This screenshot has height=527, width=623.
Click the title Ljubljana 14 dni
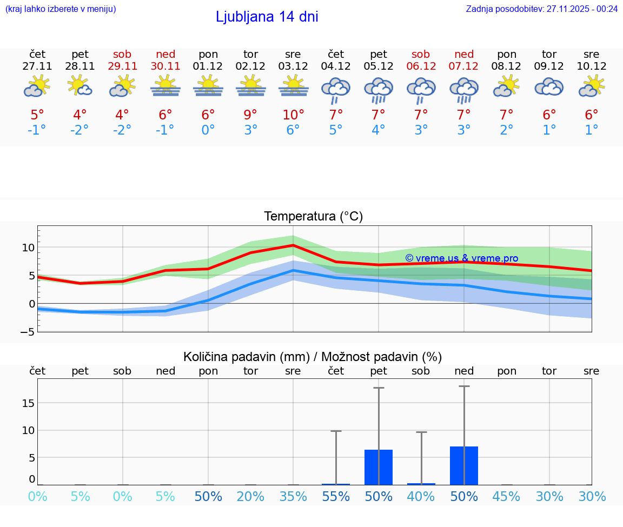[267, 17]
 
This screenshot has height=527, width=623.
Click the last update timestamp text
[541, 9]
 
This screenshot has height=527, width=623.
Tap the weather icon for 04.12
[336, 89]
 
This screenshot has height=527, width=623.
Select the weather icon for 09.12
[549, 87]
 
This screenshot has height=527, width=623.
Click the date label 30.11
[165, 66]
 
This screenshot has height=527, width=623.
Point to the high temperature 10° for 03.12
[293, 115]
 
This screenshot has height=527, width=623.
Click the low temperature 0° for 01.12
[208, 130]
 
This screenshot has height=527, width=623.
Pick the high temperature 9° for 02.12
[250, 115]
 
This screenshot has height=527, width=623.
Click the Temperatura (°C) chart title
[313, 216]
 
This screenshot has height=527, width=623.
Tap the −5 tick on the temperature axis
[28, 332]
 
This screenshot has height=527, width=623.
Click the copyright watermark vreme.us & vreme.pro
[461, 258]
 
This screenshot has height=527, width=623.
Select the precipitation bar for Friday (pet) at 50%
[379, 467]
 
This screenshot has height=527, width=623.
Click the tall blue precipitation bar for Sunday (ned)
[464, 465]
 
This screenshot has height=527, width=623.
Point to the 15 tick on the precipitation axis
[29, 403]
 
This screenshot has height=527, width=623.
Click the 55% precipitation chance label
[336, 496]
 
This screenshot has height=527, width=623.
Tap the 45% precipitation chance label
[507, 496]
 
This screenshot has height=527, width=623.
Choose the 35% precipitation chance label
[293, 496]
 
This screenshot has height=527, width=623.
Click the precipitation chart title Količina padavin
[312, 357]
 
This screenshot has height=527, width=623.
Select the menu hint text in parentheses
[61, 9]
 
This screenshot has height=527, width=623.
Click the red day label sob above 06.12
[421, 54]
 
